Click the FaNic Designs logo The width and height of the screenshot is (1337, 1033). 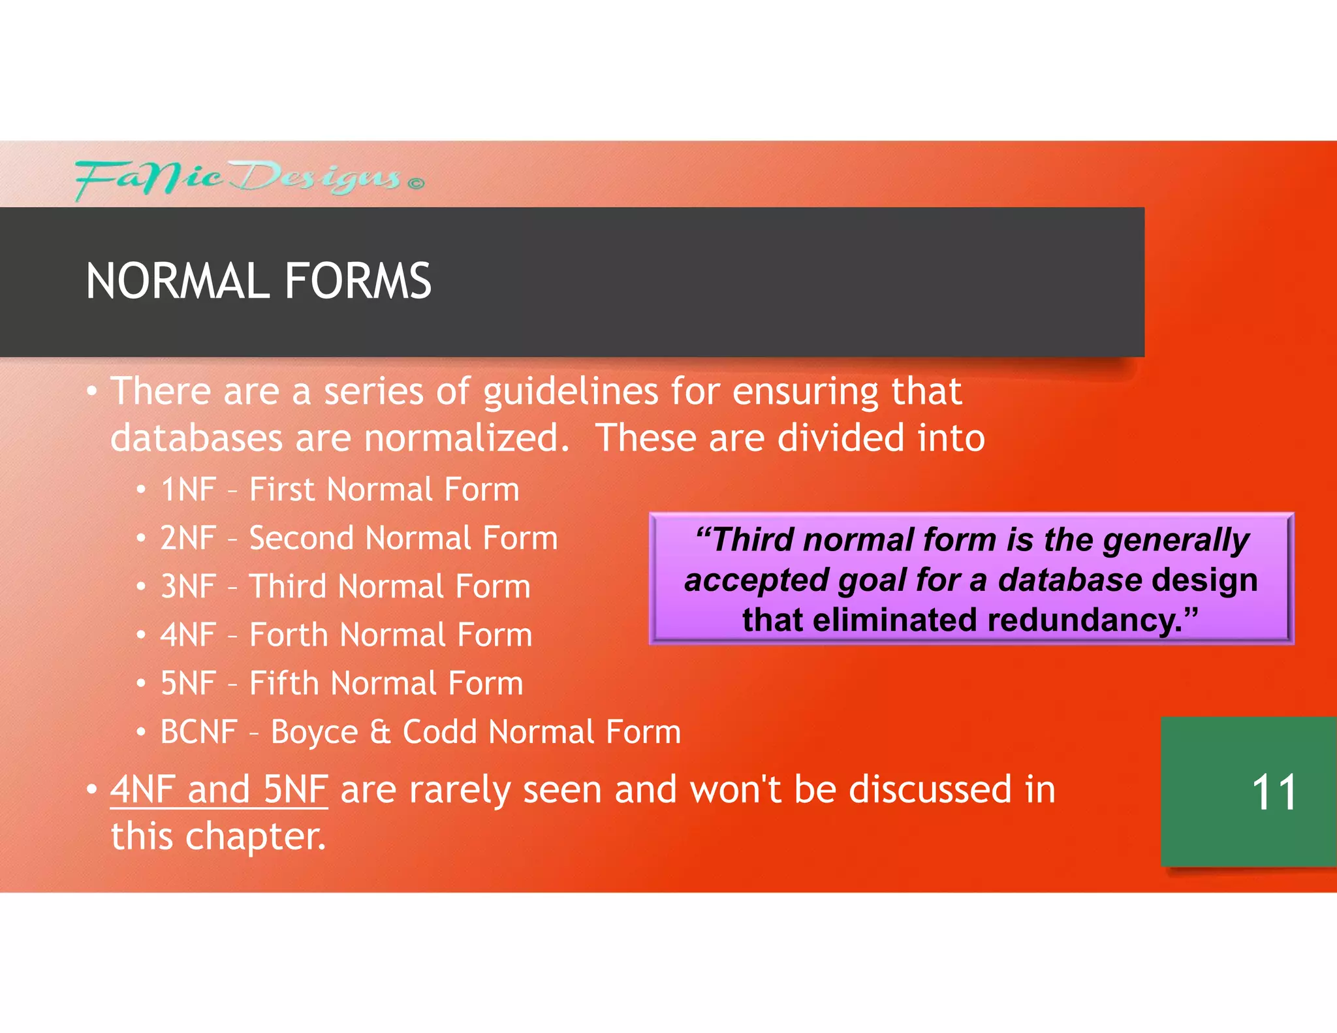[238, 178]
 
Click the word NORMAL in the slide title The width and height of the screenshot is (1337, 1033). [177, 281]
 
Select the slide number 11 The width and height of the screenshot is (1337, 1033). [1273, 793]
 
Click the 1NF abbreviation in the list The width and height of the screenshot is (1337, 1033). [188, 490]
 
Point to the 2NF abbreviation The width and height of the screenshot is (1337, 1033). [188, 539]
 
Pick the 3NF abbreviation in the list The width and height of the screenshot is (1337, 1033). [188, 586]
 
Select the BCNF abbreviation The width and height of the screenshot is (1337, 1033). [198, 732]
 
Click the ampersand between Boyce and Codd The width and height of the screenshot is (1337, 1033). [380, 732]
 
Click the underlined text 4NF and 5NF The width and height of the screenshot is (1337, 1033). [219, 789]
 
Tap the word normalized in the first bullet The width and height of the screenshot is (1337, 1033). [466, 438]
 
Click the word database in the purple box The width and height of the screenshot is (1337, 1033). [1069, 580]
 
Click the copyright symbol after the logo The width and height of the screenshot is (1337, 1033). [416, 183]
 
